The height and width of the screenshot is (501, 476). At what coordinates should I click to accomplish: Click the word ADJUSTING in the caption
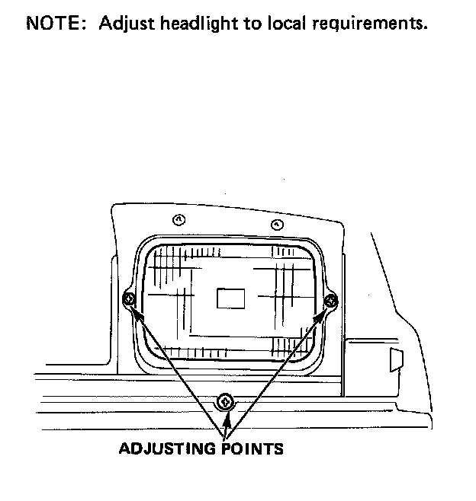(x=169, y=449)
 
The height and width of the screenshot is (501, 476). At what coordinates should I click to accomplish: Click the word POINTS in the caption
(x=254, y=449)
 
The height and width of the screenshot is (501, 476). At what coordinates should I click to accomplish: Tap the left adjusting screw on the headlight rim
(x=130, y=300)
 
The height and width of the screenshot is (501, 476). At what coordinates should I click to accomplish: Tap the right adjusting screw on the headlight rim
(x=331, y=302)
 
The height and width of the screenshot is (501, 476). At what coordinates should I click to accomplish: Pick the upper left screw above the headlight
(x=178, y=220)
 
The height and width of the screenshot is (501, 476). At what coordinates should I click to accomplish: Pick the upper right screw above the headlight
(x=277, y=224)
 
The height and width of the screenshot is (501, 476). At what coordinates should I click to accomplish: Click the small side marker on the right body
(x=396, y=359)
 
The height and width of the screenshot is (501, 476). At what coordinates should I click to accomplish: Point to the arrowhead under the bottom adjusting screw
(x=226, y=419)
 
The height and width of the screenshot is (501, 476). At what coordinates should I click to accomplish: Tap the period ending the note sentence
(x=425, y=28)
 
